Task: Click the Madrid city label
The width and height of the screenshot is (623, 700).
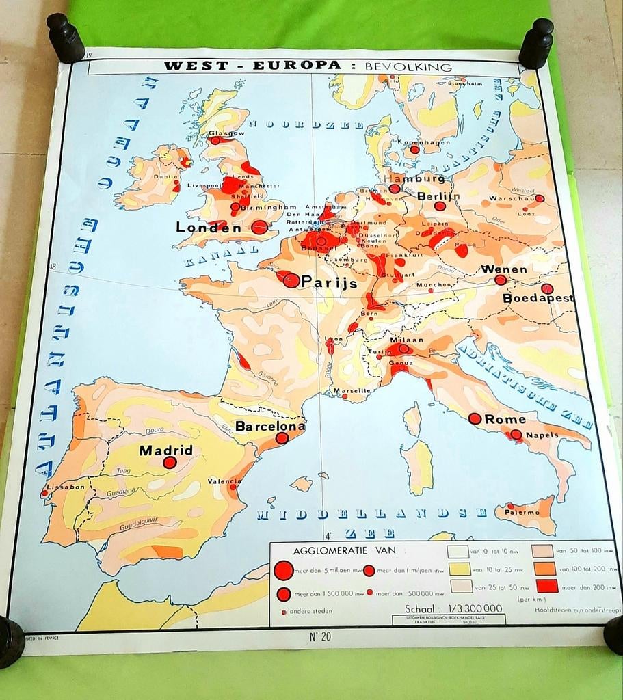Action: [x=165, y=450]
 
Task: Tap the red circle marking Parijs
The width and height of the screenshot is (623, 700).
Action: [x=291, y=280]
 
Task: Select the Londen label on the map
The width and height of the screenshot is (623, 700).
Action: [x=209, y=228]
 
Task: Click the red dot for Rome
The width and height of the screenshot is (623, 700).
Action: [x=474, y=418]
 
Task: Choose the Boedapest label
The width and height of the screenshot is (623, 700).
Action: [x=538, y=298]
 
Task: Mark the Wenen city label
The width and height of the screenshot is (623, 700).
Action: [x=504, y=269]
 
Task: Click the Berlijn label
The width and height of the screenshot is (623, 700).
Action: [x=438, y=196]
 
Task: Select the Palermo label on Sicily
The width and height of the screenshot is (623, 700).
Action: [x=522, y=512]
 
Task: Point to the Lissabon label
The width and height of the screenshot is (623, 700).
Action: [x=65, y=487]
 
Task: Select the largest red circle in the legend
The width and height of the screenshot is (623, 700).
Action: [x=282, y=571]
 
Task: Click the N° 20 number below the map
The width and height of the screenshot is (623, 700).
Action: [x=321, y=637]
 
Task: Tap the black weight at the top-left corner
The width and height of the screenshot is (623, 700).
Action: [x=66, y=39]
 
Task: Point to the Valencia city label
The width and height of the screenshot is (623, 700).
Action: [x=224, y=481]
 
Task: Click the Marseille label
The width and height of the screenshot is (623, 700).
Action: [x=352, y=391]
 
